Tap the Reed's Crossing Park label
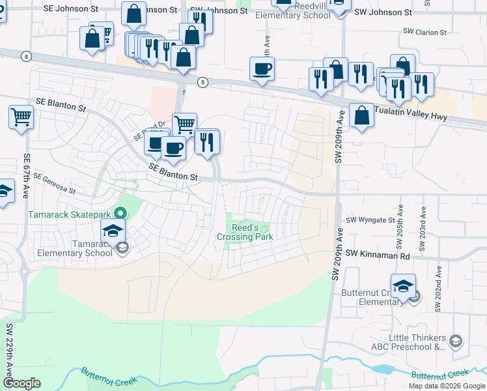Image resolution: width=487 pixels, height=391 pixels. tap(245, 232)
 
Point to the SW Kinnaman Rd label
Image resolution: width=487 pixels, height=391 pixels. tap(377, 254)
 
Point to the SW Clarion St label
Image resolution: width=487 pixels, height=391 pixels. tap(424, 32)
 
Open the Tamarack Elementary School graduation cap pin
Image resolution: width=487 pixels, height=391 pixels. tap(113, 230)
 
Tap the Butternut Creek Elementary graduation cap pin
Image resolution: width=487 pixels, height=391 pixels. tap(403, 287)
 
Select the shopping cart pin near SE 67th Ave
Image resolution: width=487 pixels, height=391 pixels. tap(21, 117)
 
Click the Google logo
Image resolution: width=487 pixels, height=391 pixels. tap(21, 383)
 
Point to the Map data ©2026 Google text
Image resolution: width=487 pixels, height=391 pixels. tap(446, 386)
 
